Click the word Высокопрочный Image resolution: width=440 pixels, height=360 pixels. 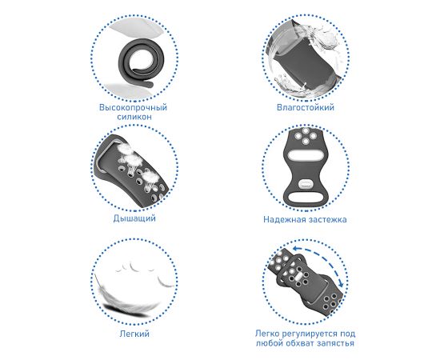(133, 108)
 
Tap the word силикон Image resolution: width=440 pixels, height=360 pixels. (134, 117)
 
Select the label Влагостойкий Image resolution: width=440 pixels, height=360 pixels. (306, 107)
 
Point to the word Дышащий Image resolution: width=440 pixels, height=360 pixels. (134, 218)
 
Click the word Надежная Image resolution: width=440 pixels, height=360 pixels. (283, 219)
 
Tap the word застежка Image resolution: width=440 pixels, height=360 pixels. (326, 219)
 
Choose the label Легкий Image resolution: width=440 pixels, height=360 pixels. (134, 334)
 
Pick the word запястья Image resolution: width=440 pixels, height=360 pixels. (336, 343)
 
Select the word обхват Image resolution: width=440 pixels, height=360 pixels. (299, 343)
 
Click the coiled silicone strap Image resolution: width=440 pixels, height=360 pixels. (136, 64)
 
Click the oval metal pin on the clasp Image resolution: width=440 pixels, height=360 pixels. (306, 184)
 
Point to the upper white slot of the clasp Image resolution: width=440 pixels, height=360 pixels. (305, 154)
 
